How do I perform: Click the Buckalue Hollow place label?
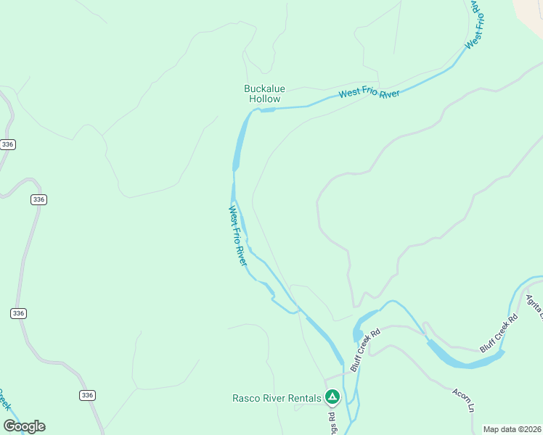tap(264, 94)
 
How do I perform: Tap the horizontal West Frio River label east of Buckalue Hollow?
tap(369, 94)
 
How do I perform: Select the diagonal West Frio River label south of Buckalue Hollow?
tap(238, 236)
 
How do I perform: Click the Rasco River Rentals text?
tap(277, 398)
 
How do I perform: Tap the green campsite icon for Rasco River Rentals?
tap(332, 397)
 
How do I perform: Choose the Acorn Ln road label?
tap(463, 401)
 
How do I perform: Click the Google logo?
tap(24, 426)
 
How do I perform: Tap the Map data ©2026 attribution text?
tap(513, 429)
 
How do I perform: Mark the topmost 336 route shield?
tap(8, 145)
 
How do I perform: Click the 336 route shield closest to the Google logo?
tap(87, 395)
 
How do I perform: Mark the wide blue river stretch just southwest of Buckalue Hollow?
tap(238, 144)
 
